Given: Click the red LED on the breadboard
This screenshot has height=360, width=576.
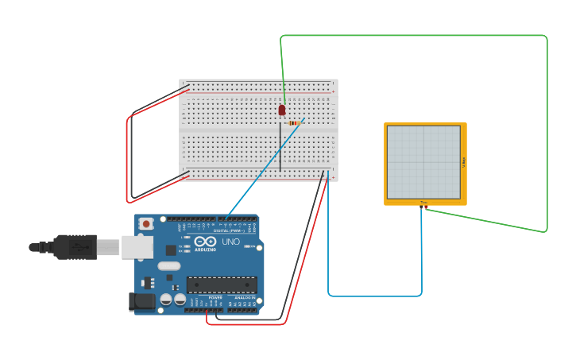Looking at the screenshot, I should tap(282, 110).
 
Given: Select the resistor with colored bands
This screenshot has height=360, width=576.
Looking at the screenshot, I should tap(296, 122).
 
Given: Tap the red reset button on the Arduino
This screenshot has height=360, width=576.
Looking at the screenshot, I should tap(145, 224).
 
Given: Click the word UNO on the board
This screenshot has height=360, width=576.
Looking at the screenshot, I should tap(230, 242).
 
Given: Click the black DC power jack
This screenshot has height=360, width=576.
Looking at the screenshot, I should tap(140, 301).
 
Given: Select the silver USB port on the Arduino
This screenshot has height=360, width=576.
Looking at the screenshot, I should tap(137, 247).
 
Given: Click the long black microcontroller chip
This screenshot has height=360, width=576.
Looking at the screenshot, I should tap(222, 285).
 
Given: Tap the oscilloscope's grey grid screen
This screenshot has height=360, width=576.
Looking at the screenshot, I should tap(423, 162).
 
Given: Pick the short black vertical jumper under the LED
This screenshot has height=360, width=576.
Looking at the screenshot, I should tap(280, 147).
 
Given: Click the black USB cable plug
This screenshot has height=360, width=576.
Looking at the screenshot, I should tap(75, 247).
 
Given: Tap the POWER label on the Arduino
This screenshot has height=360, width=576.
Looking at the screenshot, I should tap(215, 297).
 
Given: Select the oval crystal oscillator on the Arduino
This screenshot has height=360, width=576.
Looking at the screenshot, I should tap(169, 266).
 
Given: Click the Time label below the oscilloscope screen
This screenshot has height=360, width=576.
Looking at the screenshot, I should tap(423, 203).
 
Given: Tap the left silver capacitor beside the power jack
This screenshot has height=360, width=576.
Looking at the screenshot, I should tap(166, 299).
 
